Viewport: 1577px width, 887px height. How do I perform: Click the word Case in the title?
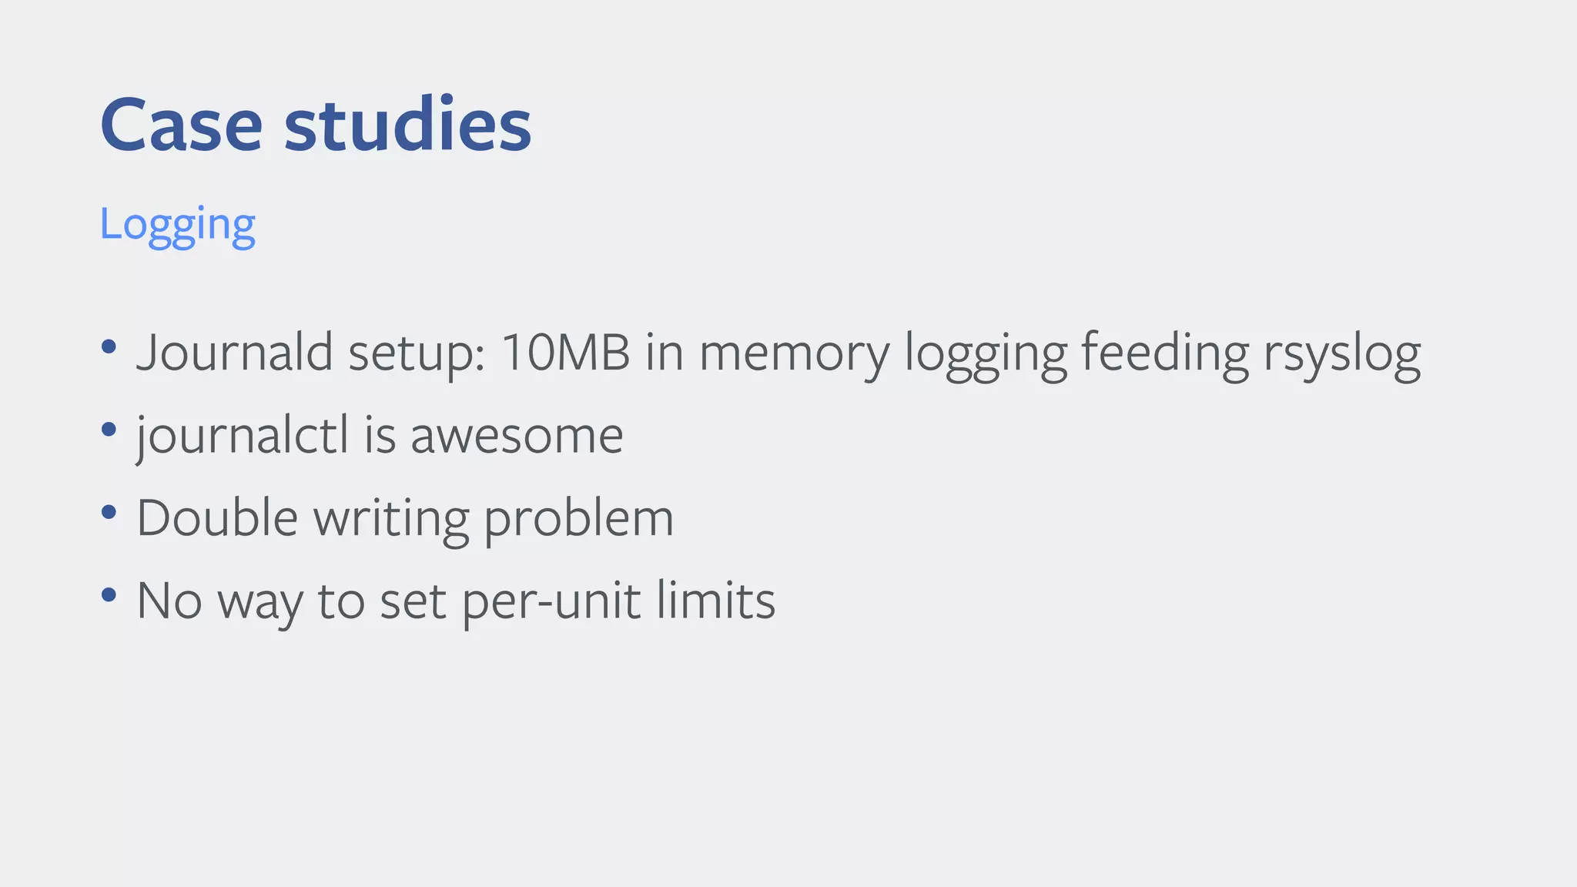tap(181, 125)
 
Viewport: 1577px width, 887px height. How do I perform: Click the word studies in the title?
tap(407, 125)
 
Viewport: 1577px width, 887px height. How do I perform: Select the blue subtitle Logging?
tap(177, 225)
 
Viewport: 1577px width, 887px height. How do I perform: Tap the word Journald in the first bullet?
tap(235, 353)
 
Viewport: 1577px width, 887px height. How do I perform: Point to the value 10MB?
tap(565, 353)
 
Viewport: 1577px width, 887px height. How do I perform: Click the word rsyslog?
tap(1341, 354)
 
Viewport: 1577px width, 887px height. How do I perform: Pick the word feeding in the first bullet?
tap(1165, 354)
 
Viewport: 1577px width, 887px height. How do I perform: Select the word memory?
tap(793, 354)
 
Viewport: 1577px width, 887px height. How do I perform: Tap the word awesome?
tap(517, 436)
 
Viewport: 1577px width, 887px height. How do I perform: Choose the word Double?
tap(217, 517)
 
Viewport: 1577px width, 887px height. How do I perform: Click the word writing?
tap(391, 519)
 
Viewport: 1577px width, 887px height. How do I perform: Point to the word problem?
tap(578, 519)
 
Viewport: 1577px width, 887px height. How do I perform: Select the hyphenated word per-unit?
tap(551, 601)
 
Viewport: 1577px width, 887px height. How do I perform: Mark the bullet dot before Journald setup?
tap(109, 346)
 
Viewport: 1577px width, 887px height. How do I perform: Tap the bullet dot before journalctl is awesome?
tap(109, 429)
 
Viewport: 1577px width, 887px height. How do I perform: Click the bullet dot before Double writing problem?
tap(109, 511)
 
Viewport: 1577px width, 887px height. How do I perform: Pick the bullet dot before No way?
tap(109, 594)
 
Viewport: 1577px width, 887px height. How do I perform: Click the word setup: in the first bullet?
tap(417, 354)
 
